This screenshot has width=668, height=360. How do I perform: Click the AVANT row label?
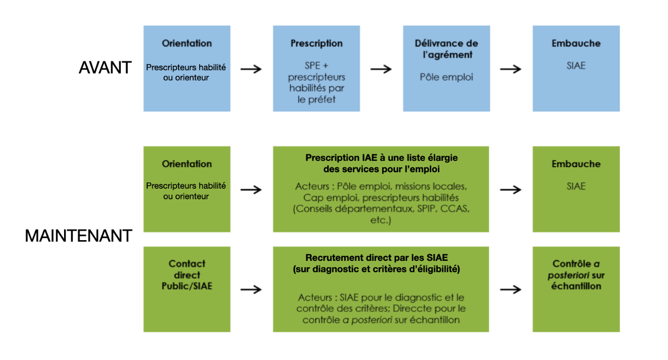tap(105, 67)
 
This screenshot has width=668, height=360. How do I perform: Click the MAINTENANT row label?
tap(78, 236)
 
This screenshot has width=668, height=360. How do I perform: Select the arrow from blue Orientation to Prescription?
tap(251, 69)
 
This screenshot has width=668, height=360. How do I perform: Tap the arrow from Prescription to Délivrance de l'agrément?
tap(381, 69)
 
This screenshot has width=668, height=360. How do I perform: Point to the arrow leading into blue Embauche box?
tap(511, 69)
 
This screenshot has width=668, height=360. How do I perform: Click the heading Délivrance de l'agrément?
tap(447, 49)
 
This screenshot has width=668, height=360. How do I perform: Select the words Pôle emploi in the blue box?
tap(447, 77)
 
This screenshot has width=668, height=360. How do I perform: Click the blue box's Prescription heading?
tap(316, 43)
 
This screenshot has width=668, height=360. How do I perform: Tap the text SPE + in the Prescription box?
tap(316, 65)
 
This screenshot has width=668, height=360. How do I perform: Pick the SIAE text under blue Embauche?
tap(576, 65)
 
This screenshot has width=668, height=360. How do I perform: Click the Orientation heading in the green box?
tap(187, 164)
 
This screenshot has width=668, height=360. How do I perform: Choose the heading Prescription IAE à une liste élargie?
tap(382, 158)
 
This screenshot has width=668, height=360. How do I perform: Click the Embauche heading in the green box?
tap(576, 164)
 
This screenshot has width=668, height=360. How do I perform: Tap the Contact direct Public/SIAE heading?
tap(187, 275)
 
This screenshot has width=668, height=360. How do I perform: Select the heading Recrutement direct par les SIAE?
tap(377, 257)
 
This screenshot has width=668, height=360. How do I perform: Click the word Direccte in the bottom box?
tap(413, 309)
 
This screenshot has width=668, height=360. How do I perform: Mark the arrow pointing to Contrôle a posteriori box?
tap(511, 289)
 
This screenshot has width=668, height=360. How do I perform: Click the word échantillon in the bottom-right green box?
tap(576, 286)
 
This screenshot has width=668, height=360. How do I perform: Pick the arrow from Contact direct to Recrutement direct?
tap(251, 289)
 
